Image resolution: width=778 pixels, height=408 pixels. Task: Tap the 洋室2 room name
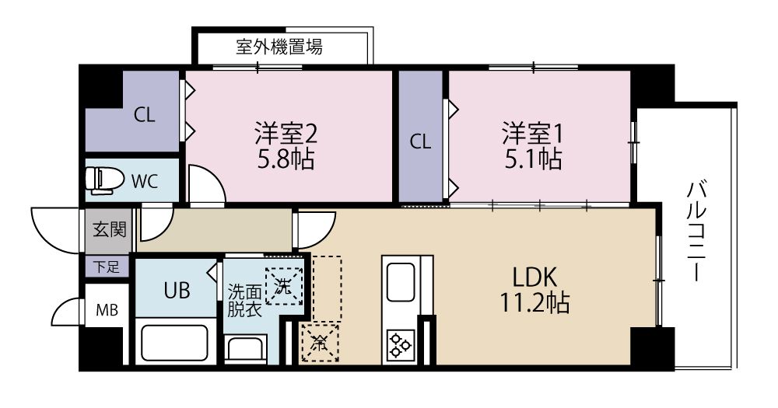[286, 133]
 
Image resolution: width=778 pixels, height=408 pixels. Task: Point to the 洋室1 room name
[532, 131]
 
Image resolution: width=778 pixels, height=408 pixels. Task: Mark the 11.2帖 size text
[535, 302]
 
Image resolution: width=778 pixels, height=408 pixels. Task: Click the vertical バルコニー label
[696, 231]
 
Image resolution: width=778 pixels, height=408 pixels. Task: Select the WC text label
[145, 182]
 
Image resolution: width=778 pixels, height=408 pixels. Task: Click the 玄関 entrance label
[107, 230]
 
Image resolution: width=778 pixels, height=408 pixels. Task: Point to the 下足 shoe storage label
[107, 267]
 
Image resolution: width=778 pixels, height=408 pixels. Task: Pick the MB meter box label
[107, 310]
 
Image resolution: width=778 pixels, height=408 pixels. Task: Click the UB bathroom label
[175, 291]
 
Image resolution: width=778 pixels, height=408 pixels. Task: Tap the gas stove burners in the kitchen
[400, 344]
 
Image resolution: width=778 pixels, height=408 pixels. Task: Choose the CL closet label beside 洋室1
[420, 141]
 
